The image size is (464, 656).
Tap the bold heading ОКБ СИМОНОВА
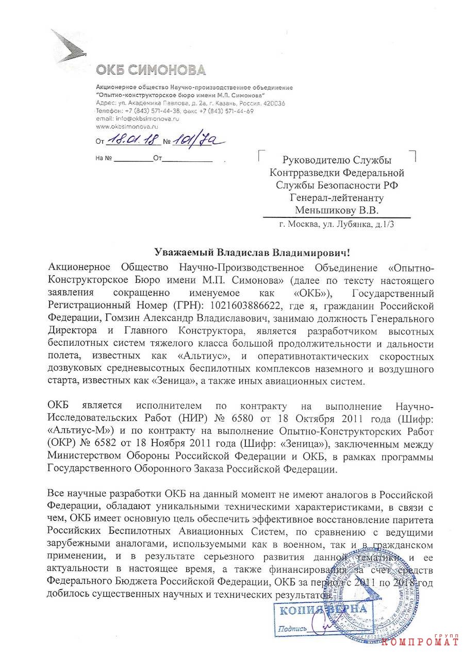tap(150, 70)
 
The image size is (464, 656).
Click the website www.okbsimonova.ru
tap(128, 126)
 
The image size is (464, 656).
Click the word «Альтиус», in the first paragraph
tap(201, 355)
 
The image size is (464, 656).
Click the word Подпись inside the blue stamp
tap(293, 629)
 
